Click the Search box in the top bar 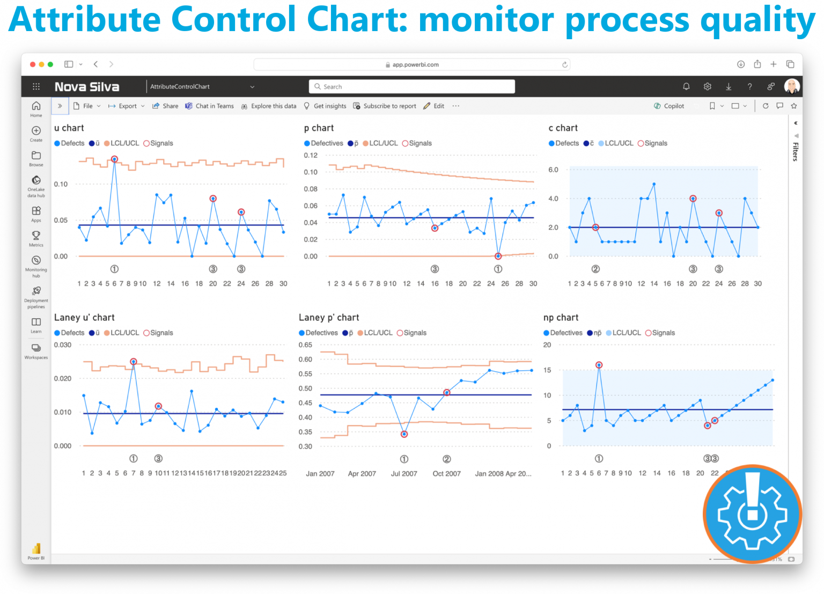[411, 86]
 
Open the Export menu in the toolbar [127, 106]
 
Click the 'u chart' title [69, 128]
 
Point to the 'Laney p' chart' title [329, 318]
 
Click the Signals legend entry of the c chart [652, 143]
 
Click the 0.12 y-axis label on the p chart [311, 156]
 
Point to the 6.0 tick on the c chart [553, 170]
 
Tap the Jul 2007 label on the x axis [404, 474]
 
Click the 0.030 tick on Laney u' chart [62, 345]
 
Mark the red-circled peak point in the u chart [114, 159]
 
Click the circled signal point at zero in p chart [498, 256]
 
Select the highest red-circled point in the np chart [599, 365]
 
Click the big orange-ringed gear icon [753, 514]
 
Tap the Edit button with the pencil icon [434, 106]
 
